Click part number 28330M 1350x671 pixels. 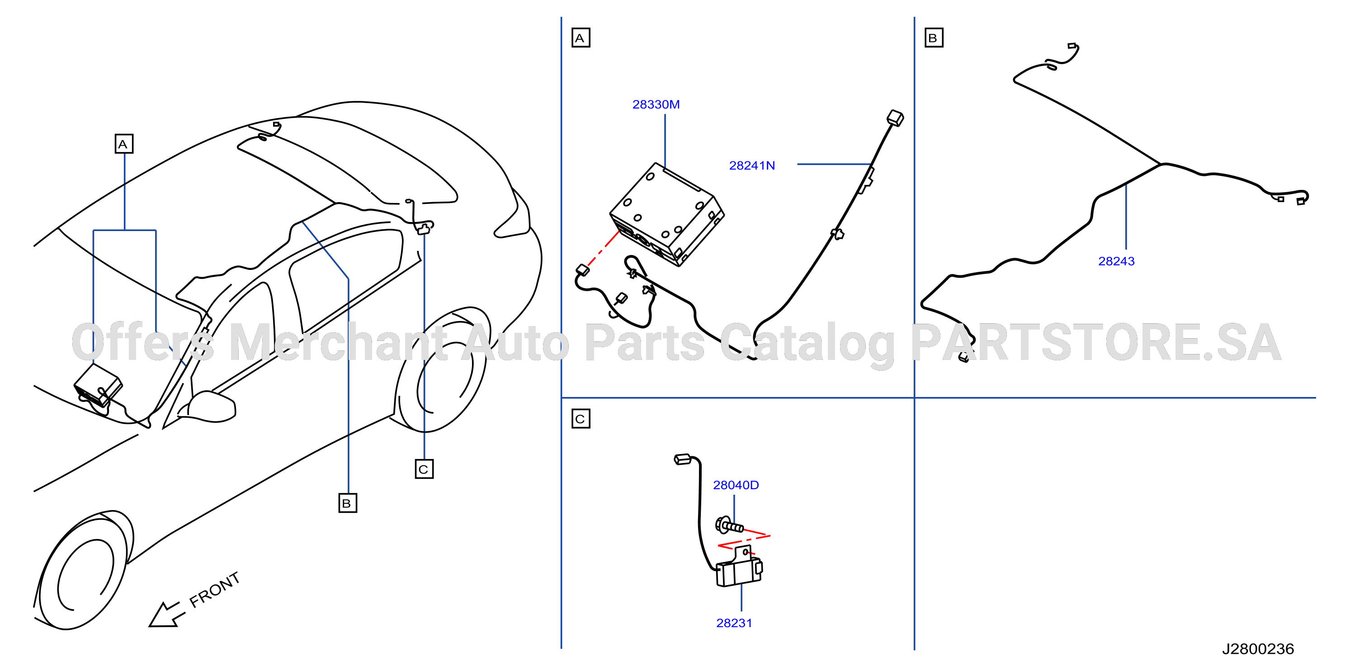click(x=656, y=104)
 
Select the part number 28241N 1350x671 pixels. click(x=751, y=165)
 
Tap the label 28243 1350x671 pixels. click(x=1116, y=261)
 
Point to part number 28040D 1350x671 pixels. click(x=735, y=485)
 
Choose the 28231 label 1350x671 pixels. click(x=734, y=623)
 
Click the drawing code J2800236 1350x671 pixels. click(x=1258, y=649)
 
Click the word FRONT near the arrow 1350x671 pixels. click(x=214, y=590)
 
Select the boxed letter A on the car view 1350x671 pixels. click(x=124, y=144)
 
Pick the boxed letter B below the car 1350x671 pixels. click(x=348, y=503)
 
